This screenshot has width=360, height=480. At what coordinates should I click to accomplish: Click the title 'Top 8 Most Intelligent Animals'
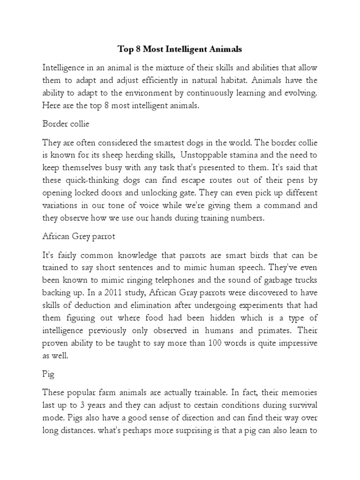pos(180,48)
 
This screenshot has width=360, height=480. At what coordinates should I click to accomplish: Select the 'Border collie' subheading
pos(66,125)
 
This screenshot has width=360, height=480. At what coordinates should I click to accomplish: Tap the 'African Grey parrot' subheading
pos(79,237)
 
